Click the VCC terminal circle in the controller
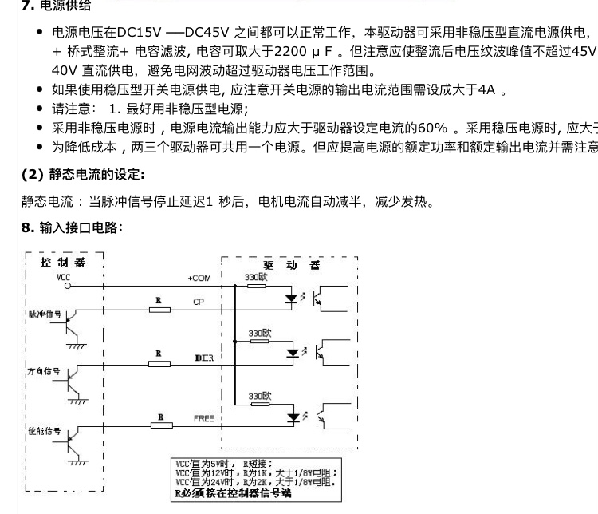(x=68, y=284)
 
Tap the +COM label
(x=199, y=278)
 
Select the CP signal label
(x=199, y=302)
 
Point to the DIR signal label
(x=203, y=359)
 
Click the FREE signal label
(x=203, y=418)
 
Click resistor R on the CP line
(x=159, y=307)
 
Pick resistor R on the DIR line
(x=159, y=364)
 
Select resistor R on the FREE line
(x=160, y=424)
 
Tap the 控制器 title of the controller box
(x=62, y=260)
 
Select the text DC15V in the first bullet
(x=139, y=33)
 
